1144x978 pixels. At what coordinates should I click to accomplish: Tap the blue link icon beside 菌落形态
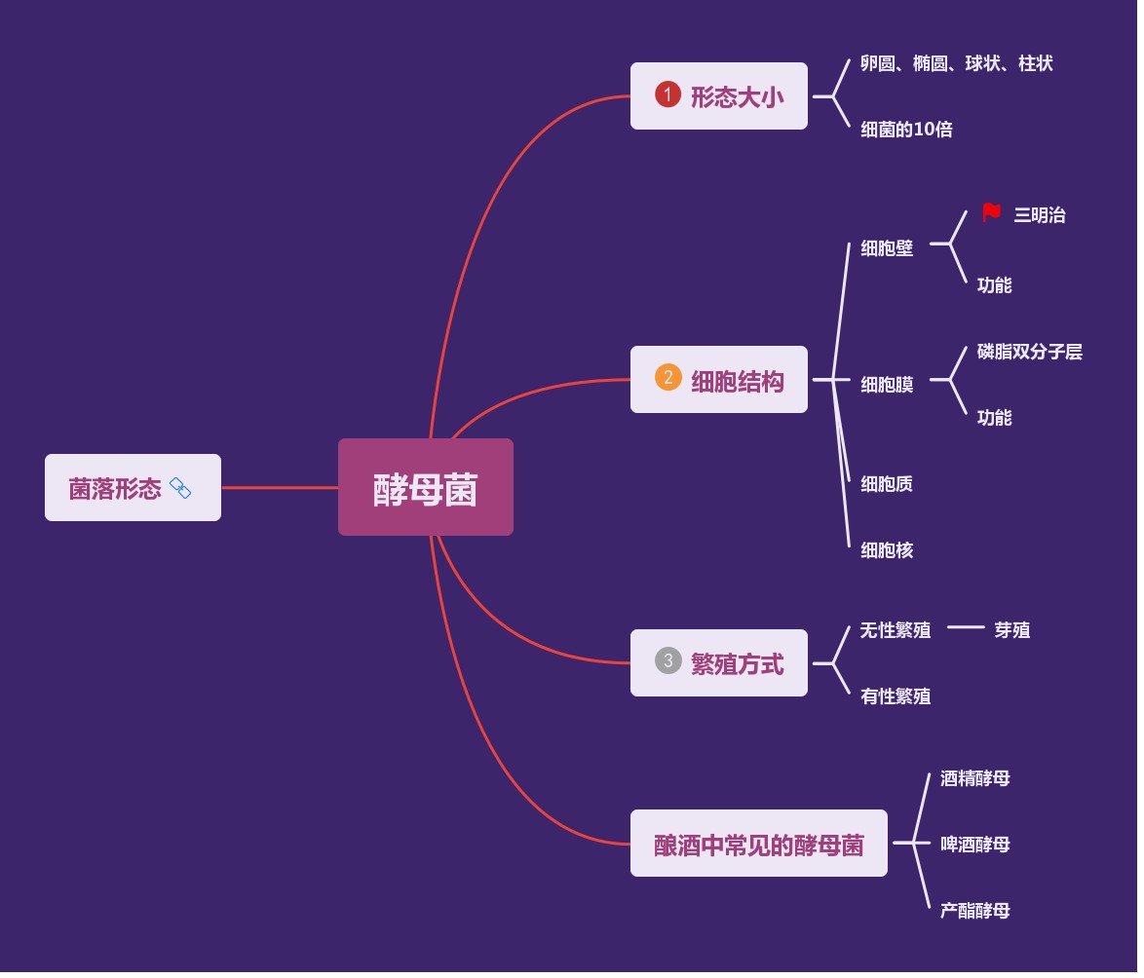[x=180, y=488]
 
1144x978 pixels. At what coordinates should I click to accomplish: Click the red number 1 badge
[x=667, y=94]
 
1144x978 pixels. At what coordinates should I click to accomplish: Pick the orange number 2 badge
[x=667, y=378]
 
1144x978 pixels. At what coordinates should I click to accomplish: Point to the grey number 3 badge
[x=667, y=660]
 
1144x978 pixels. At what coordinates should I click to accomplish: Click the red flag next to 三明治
[x=991, y=212]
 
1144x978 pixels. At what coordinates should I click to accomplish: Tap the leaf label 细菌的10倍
[x=906, y=129]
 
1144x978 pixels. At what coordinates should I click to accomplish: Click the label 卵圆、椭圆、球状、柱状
[x=956, y=63]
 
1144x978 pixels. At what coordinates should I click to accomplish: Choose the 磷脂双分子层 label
[x=1029, y=352]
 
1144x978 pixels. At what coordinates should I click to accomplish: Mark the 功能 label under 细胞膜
[x=994, y=418]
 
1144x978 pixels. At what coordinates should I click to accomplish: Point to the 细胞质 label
[x=887, y=484]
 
